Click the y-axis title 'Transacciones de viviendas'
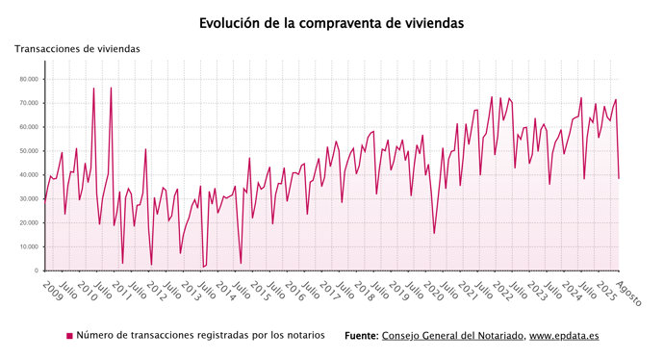[77, 48]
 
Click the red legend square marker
[69, 336]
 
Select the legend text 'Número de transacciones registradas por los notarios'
[200, 336]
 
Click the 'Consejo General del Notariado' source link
[452, 336]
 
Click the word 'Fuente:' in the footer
[361, 336]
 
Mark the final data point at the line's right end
[619, 178]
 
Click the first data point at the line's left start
[44, 200]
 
